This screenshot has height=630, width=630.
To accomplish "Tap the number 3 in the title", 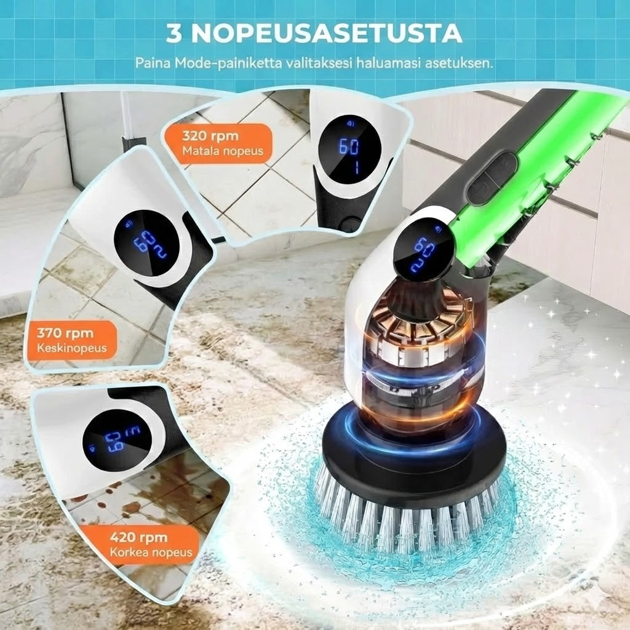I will pyautogui.click(x=175, y=34).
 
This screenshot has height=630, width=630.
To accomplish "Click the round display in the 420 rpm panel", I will pyautogui.click(x=117, y=438).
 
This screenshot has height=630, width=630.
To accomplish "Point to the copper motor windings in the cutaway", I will pyautogui.click(x=425, y=332).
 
